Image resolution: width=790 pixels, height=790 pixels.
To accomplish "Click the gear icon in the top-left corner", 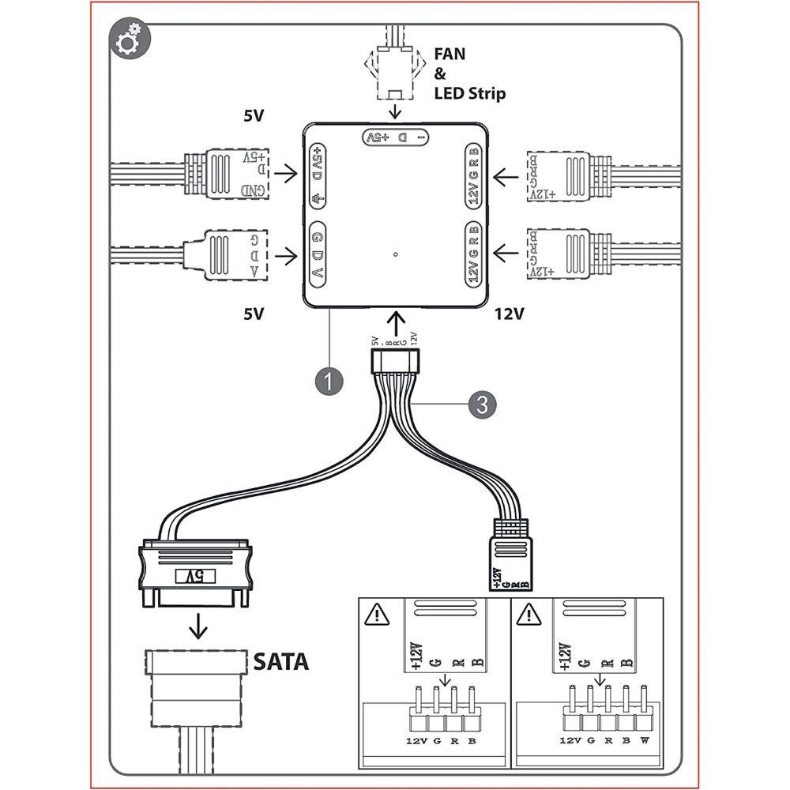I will tap(127, 43).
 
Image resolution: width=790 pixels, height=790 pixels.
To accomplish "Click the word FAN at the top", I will tap(450, 55).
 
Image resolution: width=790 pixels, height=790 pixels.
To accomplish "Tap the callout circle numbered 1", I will tap(329, 381).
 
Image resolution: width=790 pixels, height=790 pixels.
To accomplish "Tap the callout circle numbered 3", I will tap(482, 404).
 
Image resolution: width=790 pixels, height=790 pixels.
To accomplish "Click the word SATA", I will tap(280, 661).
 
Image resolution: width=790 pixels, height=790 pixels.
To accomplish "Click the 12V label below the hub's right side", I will tap(510, 314).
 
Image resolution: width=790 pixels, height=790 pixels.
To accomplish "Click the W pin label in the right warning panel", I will tap(645, 740).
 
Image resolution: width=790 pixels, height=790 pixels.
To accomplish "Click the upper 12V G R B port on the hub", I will tap(473, 176).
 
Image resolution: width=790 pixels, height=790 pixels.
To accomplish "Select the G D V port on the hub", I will tap(318, 254).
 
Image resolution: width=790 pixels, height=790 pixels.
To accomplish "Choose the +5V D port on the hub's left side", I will tap(318, 176).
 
